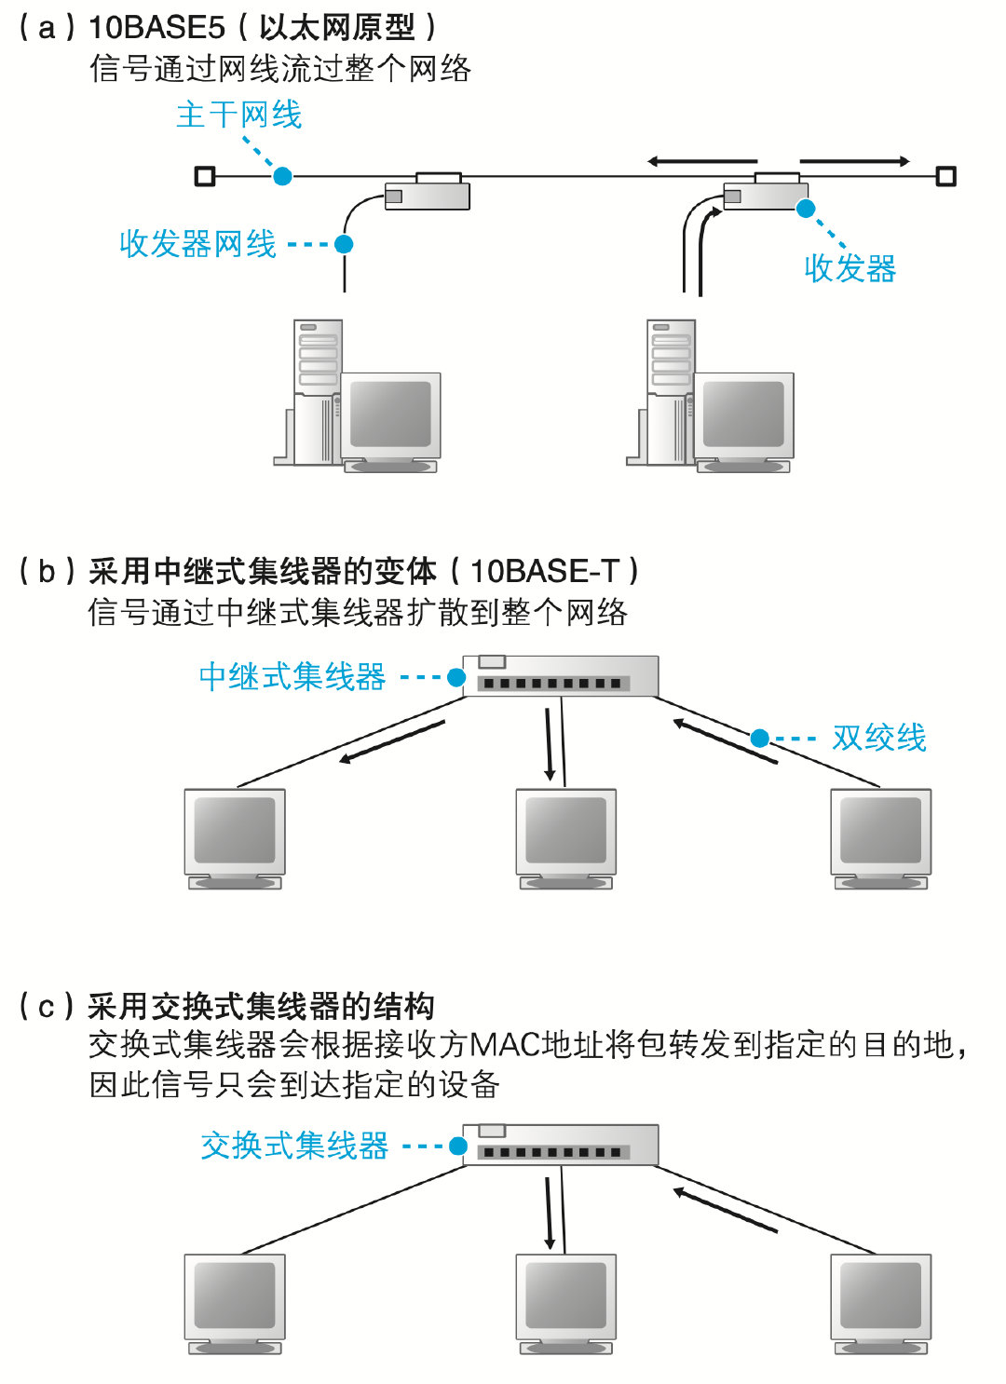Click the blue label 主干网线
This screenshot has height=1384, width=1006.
[239, 115]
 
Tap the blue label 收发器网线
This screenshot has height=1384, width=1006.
[197, 244]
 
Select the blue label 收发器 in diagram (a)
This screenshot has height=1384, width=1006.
[850, 269]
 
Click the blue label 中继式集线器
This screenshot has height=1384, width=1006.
[292, 677]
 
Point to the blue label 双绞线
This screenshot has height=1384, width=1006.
[878, 739]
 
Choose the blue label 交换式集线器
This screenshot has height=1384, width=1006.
[294, 1146]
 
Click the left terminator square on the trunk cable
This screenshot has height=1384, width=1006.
[205, 176]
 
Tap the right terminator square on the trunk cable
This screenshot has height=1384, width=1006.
[945, 176]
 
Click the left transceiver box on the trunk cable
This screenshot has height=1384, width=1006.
[428, 194]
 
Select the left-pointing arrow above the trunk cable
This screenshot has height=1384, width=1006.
[701, 162]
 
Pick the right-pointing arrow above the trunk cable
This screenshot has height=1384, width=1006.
[854, 162]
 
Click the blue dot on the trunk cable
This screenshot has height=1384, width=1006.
[282, 176]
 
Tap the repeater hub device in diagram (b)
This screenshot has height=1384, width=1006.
[561, 676]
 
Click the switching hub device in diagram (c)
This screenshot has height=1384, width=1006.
[561, 1145]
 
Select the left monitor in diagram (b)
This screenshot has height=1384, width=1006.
[235, 834]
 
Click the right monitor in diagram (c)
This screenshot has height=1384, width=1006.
[880, 1298]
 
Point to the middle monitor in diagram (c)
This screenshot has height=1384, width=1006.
[565, 1298]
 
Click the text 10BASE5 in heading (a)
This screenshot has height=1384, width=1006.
[156, 28]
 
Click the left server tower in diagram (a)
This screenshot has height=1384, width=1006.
[317, 391]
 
